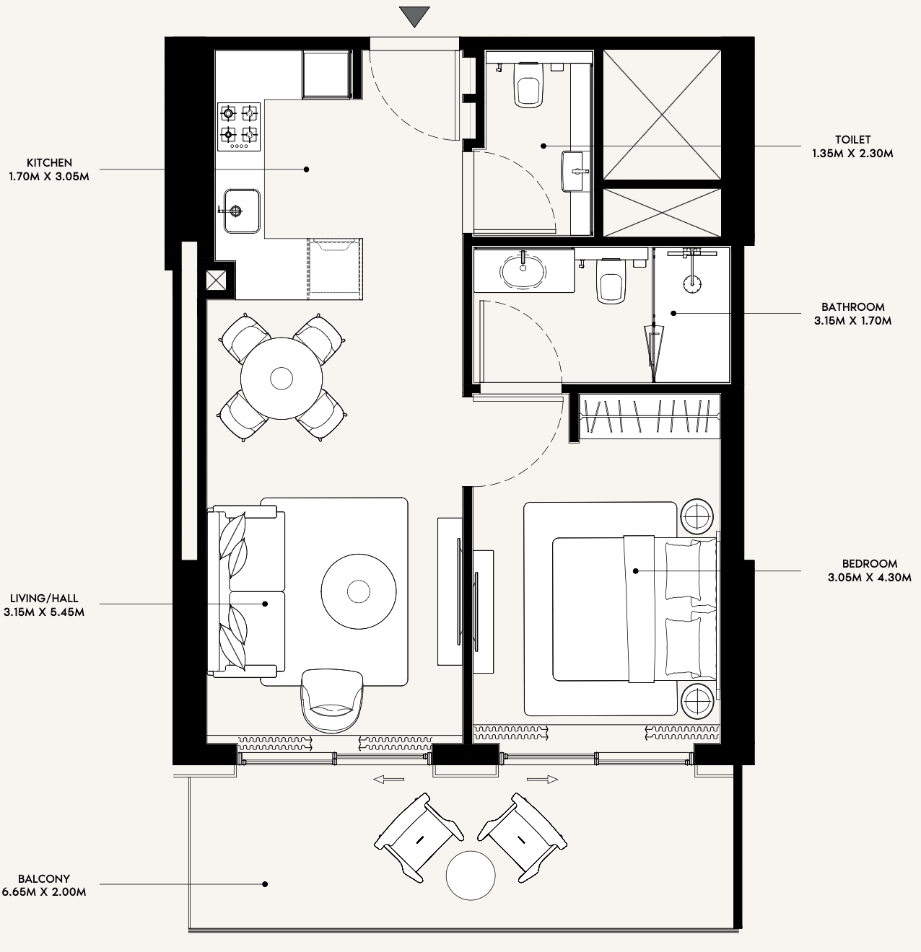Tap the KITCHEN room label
[x=50, y=162]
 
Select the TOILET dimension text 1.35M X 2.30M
[x=852, y=154]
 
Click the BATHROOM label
[x=853, y=307]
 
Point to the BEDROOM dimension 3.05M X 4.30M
[x=870, y=577]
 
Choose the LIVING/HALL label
[x=44, y=599]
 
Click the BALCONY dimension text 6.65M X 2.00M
[x=44, y=892]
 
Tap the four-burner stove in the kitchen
[x=238, y=127]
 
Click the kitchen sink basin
[x=242, y=211]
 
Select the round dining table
[x=281, y=378]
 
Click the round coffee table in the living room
[x=359, y=592]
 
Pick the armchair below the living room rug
[x=332, y=700]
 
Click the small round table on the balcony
[x=471, y=876]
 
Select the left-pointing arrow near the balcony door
[x=389, y=780]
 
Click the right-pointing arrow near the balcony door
[x=543, y=780]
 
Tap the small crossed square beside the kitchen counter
[x=216, y=281]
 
